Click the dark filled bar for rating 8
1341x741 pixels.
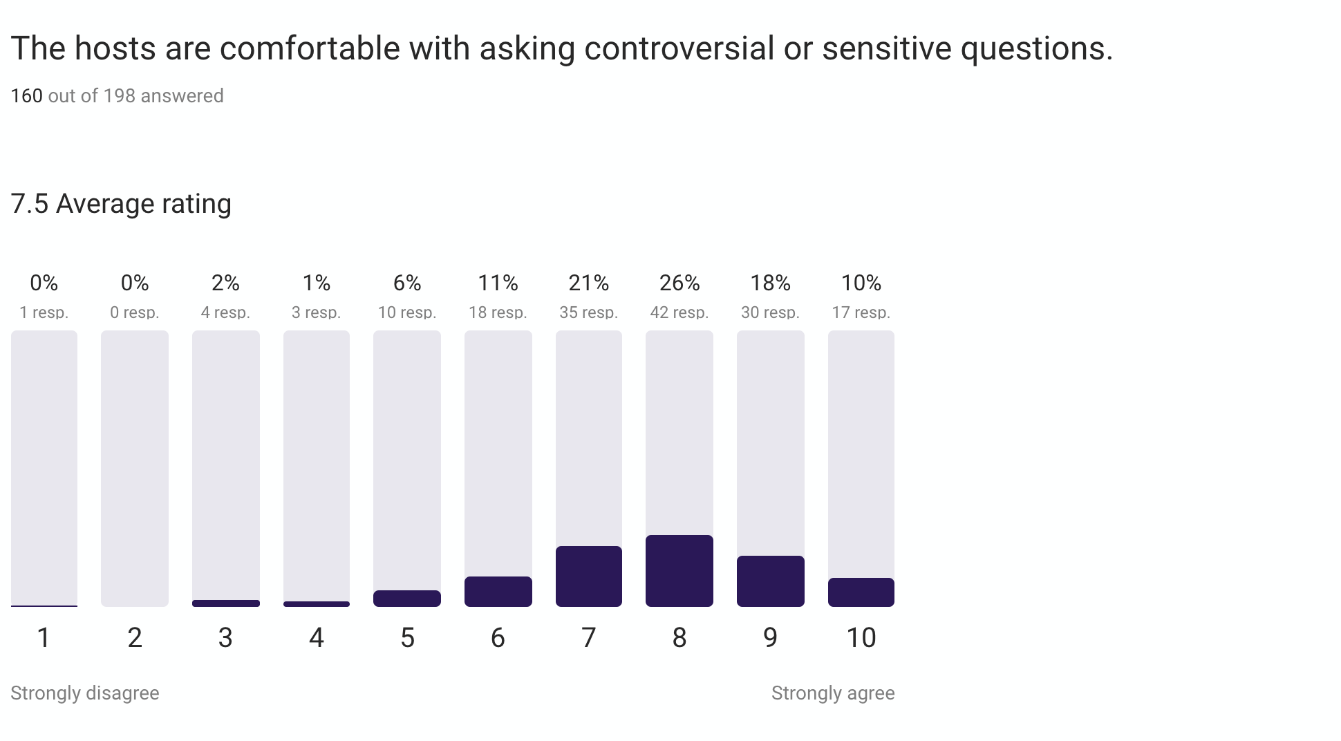coord(679,571)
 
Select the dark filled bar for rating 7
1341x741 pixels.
coord(589,576)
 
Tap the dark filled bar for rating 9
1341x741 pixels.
coord(771,581)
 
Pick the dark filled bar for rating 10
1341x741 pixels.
coord(861,592)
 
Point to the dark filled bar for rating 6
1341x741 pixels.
coord(498,592)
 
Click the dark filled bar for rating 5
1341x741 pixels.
coord(407,599)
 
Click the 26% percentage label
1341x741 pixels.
coord(679,283)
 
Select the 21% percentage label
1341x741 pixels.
coord(589,283)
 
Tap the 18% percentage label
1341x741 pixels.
coord(771,283)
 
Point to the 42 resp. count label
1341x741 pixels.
coord(679,312)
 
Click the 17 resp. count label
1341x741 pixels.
coord(861,312)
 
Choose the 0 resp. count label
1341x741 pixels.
coord(135,312)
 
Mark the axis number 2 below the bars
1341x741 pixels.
coord(135,637)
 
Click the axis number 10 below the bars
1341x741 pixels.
coord(861,637)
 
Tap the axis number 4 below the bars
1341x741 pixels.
coord(317,637)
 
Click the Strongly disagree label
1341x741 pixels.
coord(85,693)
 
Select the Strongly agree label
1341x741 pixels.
coord(833,693)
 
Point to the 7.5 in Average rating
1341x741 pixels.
coord(30,204)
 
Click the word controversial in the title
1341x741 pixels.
coord(679,48)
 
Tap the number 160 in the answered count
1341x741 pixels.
coord(27,95)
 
